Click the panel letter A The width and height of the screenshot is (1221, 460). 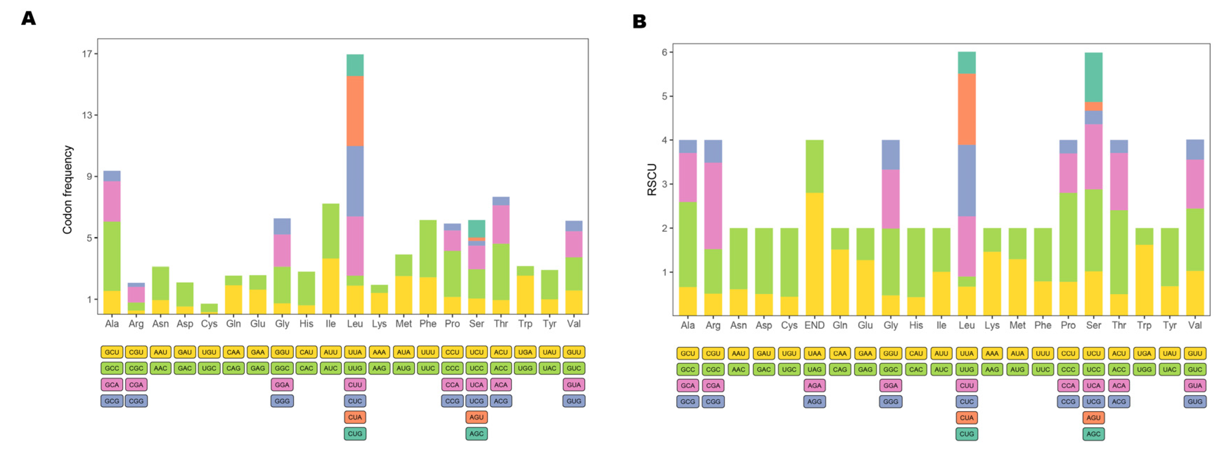(28, 19)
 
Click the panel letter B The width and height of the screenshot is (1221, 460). (639, 21)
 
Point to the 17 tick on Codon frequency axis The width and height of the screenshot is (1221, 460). (87, 53)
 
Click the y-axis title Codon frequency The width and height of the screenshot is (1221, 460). (68, 190)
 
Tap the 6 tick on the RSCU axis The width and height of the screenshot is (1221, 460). (665, 52)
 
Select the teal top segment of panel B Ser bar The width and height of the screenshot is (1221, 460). (1093, 77)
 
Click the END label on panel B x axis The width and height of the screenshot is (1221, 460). (814, 326)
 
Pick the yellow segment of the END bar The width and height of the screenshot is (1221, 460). (814, 254)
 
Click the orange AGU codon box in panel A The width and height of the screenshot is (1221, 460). (476, 418)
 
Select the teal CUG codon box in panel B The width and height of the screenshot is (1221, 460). (967, 434)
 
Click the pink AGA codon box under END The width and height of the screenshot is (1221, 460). (814, 386)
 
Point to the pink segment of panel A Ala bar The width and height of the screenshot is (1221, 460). (112, 201)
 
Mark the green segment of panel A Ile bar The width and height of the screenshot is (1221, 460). (331, 231)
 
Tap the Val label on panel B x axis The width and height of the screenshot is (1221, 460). (1194, 326)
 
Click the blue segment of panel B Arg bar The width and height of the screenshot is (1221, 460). (713, 151)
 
